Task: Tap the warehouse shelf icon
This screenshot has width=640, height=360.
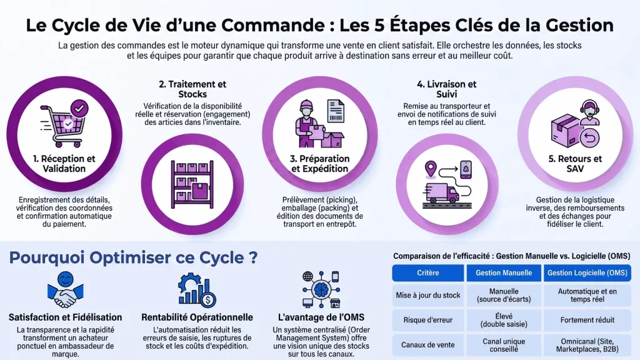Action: click(192, 184)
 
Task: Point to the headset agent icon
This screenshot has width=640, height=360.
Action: click(589, 112)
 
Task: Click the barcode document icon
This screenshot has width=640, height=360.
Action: click(336, 111)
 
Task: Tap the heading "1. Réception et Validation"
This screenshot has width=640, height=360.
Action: click(64, 164)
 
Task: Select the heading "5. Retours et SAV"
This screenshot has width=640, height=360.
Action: click(575, 164)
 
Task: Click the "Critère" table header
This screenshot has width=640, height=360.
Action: click(427, 273)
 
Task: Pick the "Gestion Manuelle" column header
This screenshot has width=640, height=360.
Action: click(504, 273)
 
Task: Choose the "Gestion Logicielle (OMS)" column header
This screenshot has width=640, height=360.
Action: click(587, 273)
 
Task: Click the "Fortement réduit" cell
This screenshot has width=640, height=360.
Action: click(587, 320)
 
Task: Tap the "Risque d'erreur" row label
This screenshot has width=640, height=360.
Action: click(427, 320)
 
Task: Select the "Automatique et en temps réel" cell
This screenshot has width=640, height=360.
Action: click(587, 295)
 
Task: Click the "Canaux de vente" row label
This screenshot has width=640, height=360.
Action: click(427, 345)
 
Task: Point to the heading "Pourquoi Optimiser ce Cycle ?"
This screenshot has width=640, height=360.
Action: click(134, 257)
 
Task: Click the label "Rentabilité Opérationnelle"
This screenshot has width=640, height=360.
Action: click(197, 317)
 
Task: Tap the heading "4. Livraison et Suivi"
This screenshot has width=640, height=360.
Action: click(446, 89)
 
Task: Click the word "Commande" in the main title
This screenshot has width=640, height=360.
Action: click(273, 25)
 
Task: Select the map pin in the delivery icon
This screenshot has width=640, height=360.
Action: click(431, 169)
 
